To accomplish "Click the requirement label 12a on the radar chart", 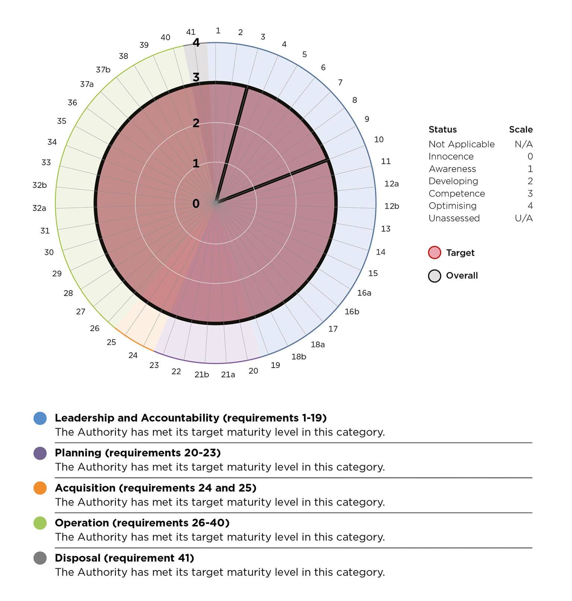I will (x=391, y=183).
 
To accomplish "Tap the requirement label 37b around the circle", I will (x=103, y=70).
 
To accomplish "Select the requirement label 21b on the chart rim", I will (x=201, y=375).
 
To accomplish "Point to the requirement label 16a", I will (x=364, y=293).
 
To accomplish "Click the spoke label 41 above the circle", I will (x=191, y=32).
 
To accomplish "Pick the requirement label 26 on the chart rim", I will (x=95, y=328).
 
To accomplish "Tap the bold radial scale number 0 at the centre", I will (x=196, y=204).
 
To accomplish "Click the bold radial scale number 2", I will (x=196, y=123).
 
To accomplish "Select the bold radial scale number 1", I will (x=196, y=163).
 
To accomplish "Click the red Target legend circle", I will (x=435, y=253).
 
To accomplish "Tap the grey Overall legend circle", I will (x=435, y=276).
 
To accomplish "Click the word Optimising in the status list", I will (x=452, y=206).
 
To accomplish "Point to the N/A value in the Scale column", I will (x=524, y=144).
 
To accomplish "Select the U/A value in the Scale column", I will (x=524, y=218).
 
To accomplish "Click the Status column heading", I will (x=442, y=129).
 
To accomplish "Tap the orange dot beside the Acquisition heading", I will (x=40, y=488).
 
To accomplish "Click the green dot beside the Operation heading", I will (x=40, y=523).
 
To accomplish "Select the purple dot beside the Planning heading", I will (x=40, y=453).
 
